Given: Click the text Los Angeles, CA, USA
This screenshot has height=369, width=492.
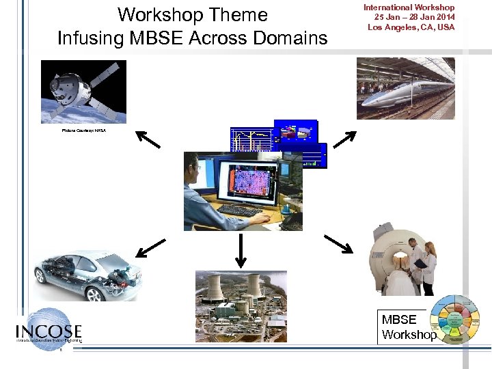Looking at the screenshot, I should click(410, 27).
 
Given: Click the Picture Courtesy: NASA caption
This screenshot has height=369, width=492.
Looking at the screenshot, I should click(84, 130).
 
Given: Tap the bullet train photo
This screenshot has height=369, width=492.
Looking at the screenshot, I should click(405, 88).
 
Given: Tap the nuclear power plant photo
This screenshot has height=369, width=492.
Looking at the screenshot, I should click(241, 306).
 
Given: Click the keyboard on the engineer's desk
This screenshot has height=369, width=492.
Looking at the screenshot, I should click(239, 210).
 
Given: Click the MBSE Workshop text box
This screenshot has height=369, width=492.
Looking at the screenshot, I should click(408, 327).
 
